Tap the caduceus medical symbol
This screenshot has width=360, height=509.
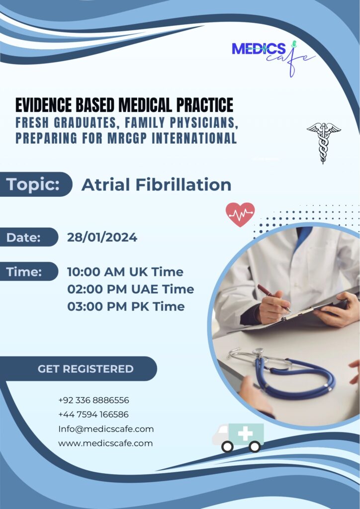coord(323,143)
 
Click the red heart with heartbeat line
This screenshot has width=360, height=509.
coord(240,215)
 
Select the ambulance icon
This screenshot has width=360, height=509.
coord(238,437)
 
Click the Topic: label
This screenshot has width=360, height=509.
coord(33,184)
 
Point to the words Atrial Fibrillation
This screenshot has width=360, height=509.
coord(157,185)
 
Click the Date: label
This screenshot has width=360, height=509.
coord(23,237)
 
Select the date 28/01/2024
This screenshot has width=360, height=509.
coord(102,237)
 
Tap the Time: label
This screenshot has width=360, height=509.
coord(24,272)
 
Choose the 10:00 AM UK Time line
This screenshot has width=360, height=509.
coord(125,272)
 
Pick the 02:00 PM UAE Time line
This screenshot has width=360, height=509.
coord(130,289)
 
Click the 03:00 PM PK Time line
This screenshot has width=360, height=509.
coord(126,306)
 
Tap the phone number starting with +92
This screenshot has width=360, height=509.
coord(94,400)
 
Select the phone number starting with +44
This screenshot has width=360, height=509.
coord(93,414)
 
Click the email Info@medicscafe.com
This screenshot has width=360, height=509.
coord(106,429)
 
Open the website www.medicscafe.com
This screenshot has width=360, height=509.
coord(105,443)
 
